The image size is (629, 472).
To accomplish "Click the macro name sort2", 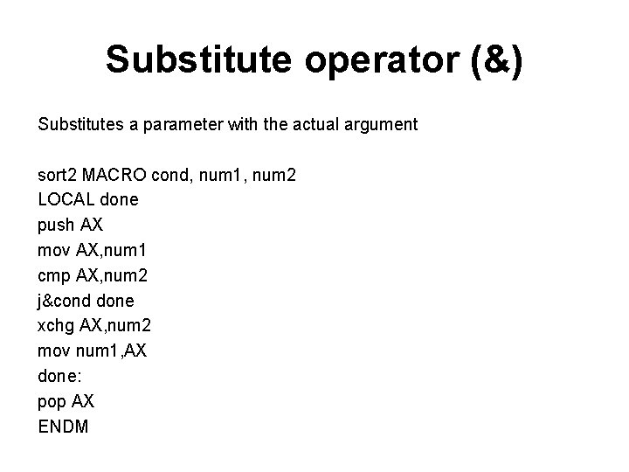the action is (x=57, y=176).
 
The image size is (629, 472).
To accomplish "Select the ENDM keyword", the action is (x=63, y=427).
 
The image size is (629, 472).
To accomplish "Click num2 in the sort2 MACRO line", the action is (x=276, y=176).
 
